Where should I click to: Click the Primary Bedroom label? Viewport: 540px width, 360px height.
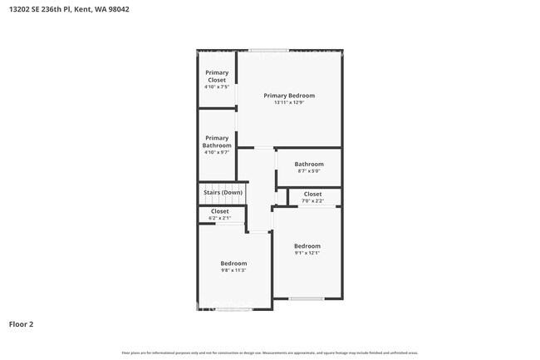tap(289, 96)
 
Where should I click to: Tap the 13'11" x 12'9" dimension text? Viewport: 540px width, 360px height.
tap(289, 103)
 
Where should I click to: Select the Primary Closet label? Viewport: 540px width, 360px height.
tap(217, 76)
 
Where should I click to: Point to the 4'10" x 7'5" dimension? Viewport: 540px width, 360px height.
tap(217, 87)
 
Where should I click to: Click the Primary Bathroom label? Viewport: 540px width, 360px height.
tap(217, 141)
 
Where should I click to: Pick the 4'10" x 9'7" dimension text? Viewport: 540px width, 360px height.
tap(217, 152)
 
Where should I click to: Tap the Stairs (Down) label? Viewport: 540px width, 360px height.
tap(223, 193)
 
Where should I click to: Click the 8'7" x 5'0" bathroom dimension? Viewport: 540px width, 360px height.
tap(308, 171)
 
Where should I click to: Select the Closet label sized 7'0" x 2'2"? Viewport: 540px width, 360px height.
tap(312, 194)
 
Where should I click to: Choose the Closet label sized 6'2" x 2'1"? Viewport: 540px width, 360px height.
tap(219, 211)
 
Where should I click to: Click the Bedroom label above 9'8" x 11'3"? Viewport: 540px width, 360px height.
tap(233, 264)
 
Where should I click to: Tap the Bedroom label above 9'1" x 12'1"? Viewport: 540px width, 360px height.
tap(307, 246)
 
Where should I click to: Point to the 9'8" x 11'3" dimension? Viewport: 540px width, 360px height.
tap(233, 270)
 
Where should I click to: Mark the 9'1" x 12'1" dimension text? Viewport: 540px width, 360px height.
tap(307, 253)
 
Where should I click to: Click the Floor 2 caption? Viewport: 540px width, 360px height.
tap(21, 323)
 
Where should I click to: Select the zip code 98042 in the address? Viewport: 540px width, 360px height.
tap(117, 10)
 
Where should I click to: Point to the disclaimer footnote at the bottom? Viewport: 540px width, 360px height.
tap(269, 353)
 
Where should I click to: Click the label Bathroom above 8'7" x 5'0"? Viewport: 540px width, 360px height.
tap(308, 164)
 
